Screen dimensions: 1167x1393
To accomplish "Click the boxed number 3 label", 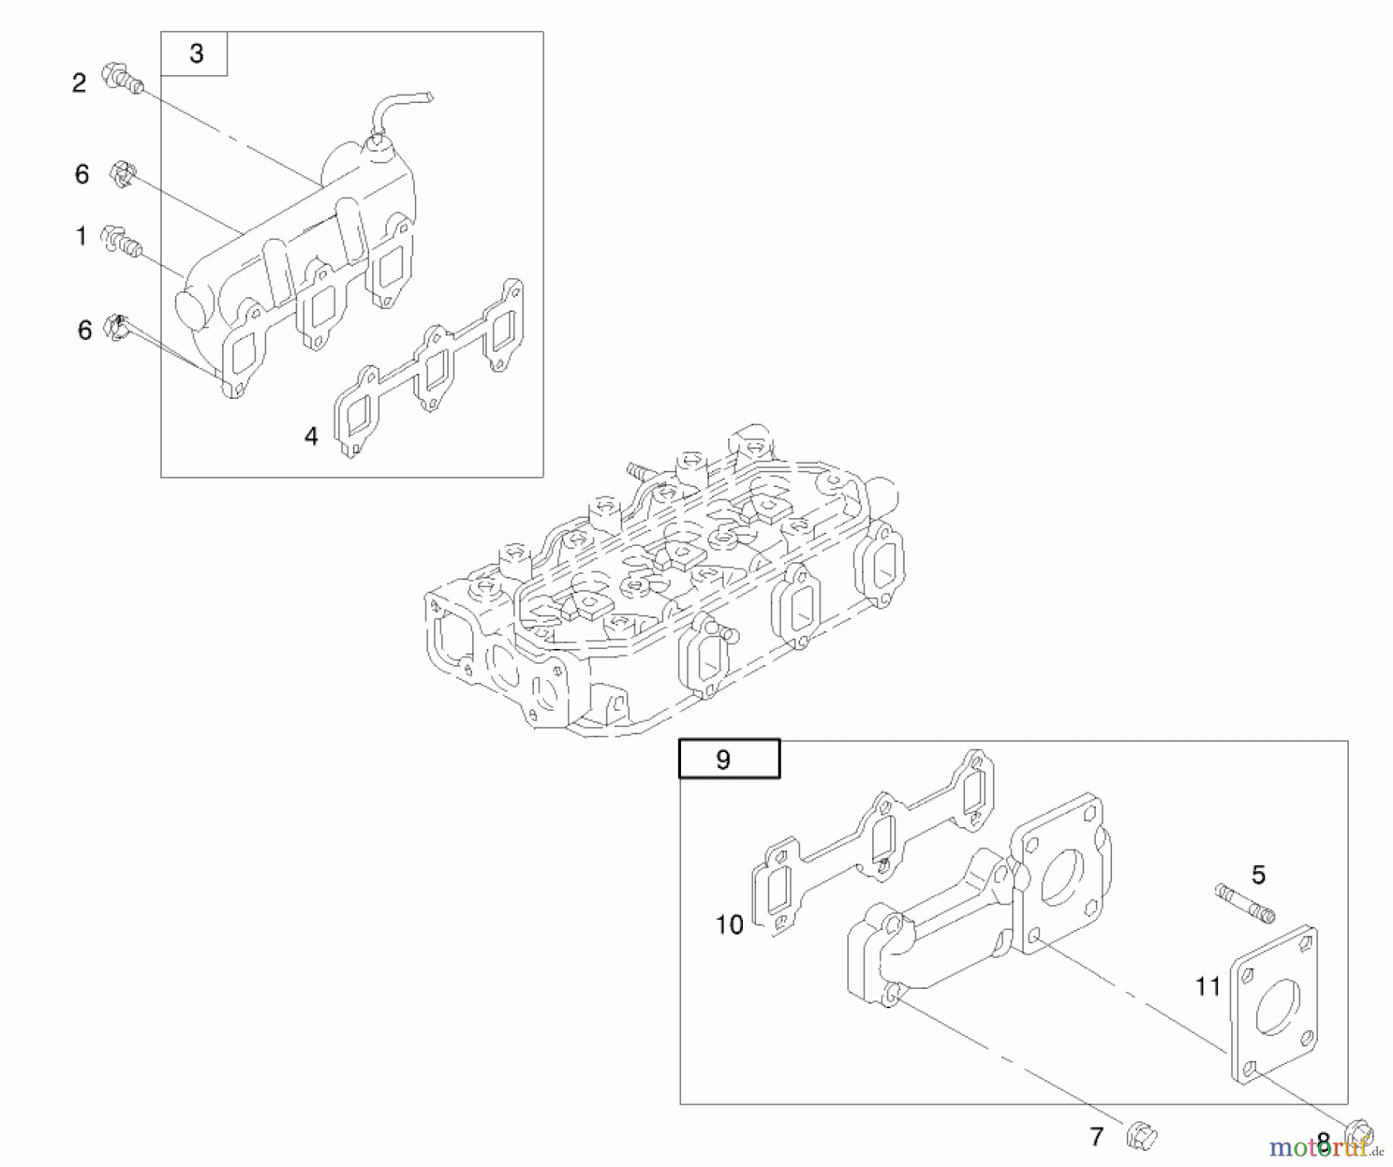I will (196, 54).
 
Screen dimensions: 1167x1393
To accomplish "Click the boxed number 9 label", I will (723, 760).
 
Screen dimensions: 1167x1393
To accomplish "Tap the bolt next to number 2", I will (123, 77).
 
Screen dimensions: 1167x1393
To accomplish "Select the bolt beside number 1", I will (122, 241).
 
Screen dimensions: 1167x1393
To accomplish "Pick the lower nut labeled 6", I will (116, 328).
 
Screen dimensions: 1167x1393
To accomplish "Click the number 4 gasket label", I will (311, 437).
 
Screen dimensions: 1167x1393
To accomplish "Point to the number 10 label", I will (729, 925).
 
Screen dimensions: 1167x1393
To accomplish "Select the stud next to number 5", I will (1244, 903).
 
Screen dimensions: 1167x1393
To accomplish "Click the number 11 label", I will (1207, 987).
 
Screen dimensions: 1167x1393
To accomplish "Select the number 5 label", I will (1258, 875).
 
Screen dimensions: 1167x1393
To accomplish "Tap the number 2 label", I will (79, 83).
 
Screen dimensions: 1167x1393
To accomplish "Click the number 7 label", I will (1096, 1137).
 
